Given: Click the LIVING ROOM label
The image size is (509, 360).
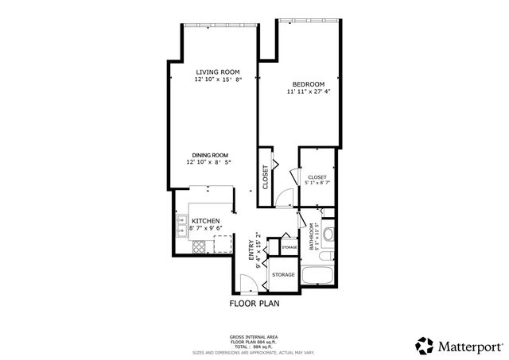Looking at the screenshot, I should (x=218, y=72).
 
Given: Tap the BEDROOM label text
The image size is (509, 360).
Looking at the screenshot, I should (x=308, y=85).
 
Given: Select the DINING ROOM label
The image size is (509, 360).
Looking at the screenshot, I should (x=209, y=155).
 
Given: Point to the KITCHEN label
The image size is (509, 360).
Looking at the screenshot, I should (x=204, y=221).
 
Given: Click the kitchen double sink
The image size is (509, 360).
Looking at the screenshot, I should (x=181, y=229).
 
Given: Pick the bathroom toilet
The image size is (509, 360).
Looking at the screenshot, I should (x=330, y=234).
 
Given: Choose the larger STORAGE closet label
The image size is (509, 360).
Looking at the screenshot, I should (x=283, y=275).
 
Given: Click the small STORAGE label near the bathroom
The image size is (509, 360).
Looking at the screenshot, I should (x=289, y=248).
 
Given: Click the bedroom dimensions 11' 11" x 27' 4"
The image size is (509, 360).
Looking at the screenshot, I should (x=308, y=92).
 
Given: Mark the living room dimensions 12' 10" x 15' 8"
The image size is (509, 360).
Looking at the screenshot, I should (x=218, y=79).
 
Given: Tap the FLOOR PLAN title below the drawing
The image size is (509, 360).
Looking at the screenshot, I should (x=254, y=303).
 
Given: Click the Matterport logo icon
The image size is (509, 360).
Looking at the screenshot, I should (x=423, y=346).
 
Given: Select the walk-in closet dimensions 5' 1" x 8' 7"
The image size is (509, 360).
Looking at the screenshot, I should (x=317, y=184).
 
